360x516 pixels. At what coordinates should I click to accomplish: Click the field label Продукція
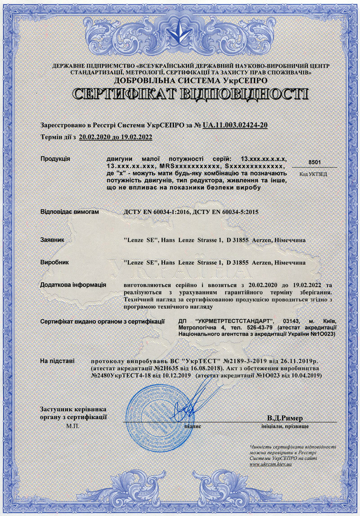[x=55, y=159]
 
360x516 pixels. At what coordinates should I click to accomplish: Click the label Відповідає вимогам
[x=69, y=211]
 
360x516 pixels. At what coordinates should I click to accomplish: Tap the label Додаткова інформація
[x=73, y=285]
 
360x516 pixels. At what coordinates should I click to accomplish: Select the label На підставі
[x=58, y=361]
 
